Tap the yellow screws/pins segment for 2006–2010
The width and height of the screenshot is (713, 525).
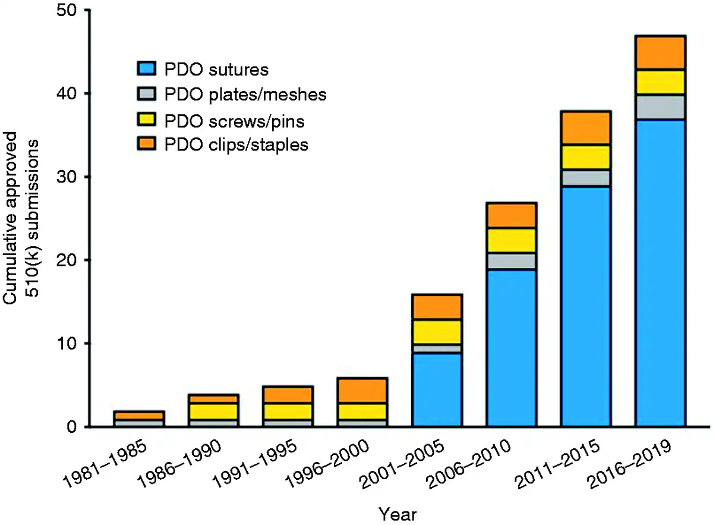click(x=512, y=240)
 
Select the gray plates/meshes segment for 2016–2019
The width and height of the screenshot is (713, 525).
click(x=660, y=107)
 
